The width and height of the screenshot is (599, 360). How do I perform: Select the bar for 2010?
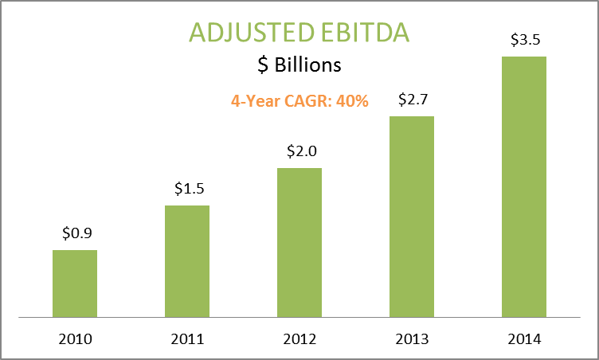[75, 284]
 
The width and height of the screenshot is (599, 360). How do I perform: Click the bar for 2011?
[187, 261]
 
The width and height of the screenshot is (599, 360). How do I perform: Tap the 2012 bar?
[299, 243]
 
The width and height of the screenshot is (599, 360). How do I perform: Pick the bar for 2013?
[412, 217]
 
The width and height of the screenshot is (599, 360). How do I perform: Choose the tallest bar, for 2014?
[524, 187]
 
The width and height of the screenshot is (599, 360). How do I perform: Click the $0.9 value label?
[77, 233]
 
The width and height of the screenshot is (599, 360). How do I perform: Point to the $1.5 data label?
[190, 189]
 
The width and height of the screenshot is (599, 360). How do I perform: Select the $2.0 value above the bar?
[302, 151]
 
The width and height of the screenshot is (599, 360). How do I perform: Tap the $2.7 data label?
[413, 100]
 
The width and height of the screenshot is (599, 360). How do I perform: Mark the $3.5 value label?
[526, 39]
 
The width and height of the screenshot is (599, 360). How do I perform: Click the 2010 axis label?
[75, 339]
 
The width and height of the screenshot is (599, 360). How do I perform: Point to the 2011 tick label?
[187, 339]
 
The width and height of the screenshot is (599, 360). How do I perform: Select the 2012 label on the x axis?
[299, 339]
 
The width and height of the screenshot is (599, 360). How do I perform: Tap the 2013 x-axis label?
[412, 339]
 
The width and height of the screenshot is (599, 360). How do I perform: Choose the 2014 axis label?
[524, 339]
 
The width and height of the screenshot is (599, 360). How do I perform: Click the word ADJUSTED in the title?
[253, 33]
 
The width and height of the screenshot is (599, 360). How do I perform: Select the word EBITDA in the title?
[366, 32]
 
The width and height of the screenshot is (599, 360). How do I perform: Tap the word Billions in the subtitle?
[308, 65]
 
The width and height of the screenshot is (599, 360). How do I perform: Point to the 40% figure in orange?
[352, 101]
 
